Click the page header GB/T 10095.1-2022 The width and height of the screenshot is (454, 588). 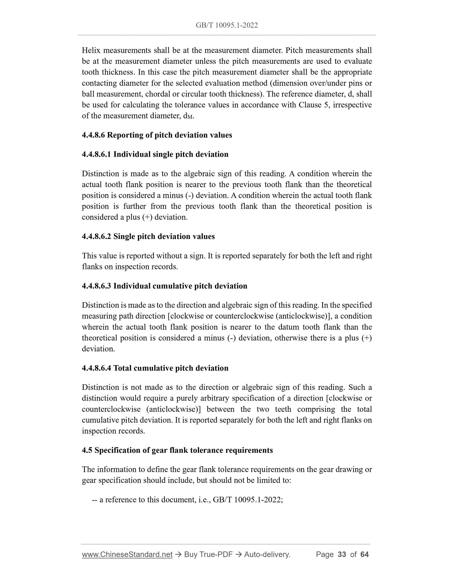[227, 25]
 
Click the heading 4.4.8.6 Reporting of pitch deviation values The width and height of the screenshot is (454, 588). [157, 135]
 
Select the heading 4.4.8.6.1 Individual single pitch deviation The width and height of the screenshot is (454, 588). [155, 154]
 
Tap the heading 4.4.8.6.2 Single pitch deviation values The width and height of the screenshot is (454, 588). [148, 236]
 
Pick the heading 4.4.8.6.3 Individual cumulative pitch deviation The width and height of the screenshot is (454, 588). [164, 286]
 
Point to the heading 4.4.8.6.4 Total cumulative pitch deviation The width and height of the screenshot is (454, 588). [155, 368]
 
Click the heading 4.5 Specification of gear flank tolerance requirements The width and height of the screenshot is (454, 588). [177, 450]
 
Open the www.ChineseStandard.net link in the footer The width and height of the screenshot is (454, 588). [127, 554]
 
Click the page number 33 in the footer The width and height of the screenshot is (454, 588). [342, 554]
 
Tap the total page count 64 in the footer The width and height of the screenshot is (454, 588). [364, 554]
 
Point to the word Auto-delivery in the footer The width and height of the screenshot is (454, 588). [267, 554]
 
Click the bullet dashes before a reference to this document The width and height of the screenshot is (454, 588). [94, 500]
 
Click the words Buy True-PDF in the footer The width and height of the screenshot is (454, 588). [208, 554]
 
